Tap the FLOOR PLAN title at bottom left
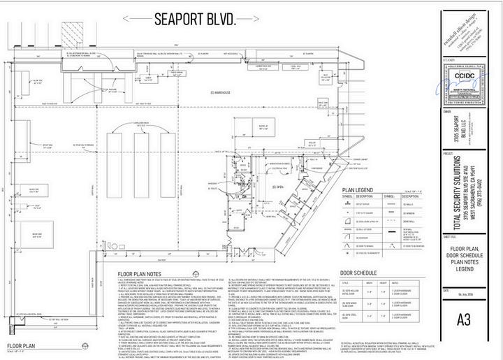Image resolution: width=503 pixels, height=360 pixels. click(x=23, y=345)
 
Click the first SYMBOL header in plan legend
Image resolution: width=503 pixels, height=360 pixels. click(x=347, y=196)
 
